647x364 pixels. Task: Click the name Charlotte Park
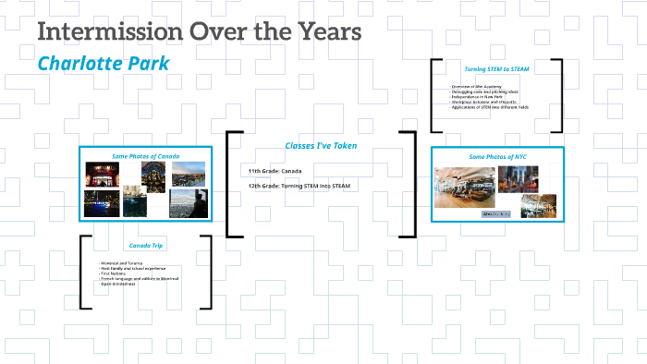click(x=103, y=65)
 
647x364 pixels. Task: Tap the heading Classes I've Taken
click(x=320, y=145)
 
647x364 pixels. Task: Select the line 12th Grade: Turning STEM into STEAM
click(x=299, y=187)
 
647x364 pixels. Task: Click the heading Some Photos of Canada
click(x=145, y=156)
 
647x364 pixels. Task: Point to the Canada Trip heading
click(x=145, y=246)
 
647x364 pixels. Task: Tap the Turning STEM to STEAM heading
click(x=497, y=68)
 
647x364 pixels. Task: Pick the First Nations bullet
click(x=117, y=273)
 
